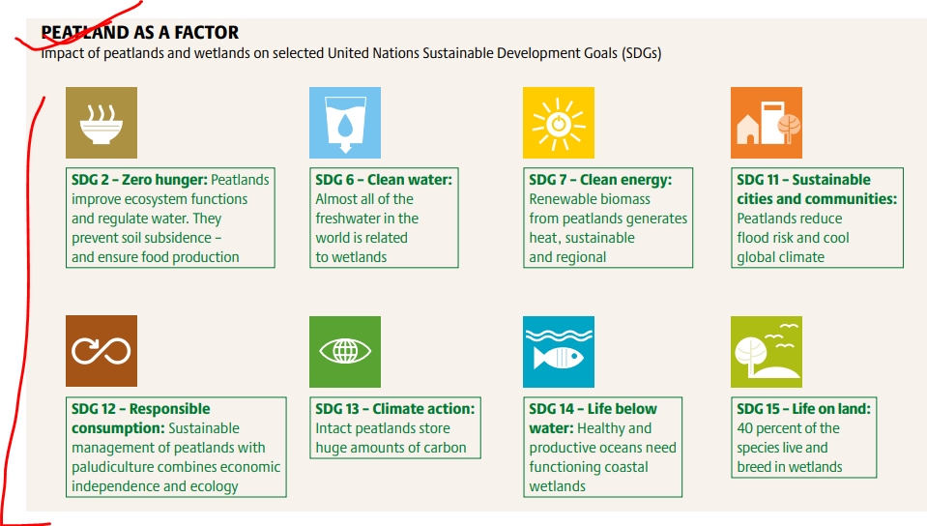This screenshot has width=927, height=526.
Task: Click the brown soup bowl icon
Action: [101, 123]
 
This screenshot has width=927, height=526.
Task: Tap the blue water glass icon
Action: [345, 123]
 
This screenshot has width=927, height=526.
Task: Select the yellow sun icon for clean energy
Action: [558, 123]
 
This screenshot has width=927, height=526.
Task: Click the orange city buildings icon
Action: [767, 123]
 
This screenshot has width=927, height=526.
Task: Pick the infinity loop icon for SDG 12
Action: [101, 351]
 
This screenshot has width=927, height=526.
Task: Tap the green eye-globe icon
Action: [345, 351]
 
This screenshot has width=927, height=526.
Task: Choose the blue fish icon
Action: [558, 351]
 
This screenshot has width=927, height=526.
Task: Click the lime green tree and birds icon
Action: [767, 351]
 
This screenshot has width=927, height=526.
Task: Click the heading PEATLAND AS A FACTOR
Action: [140, 32]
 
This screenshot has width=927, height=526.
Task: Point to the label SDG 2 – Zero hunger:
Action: [139, 179]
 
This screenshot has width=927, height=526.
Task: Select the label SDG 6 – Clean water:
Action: [384, 179]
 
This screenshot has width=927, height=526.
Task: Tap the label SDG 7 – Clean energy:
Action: [600, 179]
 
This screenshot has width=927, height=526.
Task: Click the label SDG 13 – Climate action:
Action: [395, 408]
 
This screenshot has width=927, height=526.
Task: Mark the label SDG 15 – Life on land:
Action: [803, 408]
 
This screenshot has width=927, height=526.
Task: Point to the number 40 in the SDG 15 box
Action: [744, 427]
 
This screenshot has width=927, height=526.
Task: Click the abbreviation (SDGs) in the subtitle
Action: [641, 53]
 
